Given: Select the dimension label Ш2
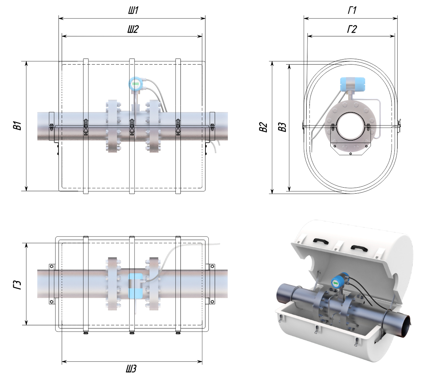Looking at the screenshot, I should (x=132, y=29).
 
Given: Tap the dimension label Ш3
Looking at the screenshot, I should (x=131, y=369).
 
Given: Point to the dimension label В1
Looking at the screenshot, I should (x=17, y=126).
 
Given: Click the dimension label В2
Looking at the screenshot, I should (x=263, y=127).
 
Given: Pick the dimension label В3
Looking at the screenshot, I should (x=282, y=127).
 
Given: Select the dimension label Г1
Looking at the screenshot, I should (x=352, y=11).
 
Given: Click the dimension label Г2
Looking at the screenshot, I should (x=352, y=29).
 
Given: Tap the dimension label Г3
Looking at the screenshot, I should (x=17, y=284).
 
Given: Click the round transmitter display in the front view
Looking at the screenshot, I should (x=136, y=84).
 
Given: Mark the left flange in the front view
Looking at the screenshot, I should (x=113, y=127).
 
